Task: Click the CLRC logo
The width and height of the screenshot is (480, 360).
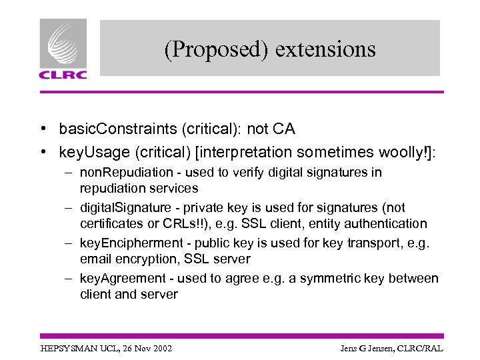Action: pyautogui.click(x=63, y=49)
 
